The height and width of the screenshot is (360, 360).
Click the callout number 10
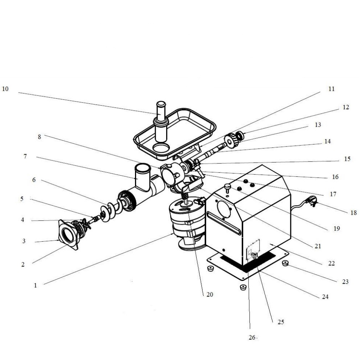pyautogui.click(x=5, y=89)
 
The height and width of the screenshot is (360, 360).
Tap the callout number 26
pyautogui.click(x=252, y=337)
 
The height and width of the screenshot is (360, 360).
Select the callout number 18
pyautogui.click(x=353, y=213)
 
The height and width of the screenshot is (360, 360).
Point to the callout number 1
pyautogui.click(x=35, y=285)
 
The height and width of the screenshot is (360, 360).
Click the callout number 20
pyautogui.click(x=210, y=295)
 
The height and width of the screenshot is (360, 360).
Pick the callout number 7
pyautogui.click(x=25, y=156)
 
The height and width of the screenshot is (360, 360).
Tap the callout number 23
pyautogui.click(x=345, y=282)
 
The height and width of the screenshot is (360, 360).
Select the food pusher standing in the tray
pyautogui.click(x=161, y=122)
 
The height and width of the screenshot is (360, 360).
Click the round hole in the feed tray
pyautogui.click(x=161, y=148)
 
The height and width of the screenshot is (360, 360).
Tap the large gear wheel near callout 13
pyautogui.click(x=232, y=140)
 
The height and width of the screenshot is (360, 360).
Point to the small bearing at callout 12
pyautogui.click(x=240, y=136)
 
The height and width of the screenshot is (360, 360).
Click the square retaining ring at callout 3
pyautogui.click(x=68, y=235)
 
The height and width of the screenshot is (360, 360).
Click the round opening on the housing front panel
pyautogui.click(x=224, y=210)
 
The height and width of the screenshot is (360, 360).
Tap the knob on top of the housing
pyautogui.click(x=227, y=188)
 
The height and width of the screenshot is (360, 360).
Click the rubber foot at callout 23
pyautogui.click(x=285, y=263)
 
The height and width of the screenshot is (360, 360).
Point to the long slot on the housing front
pyautogui.click(x=224, y=223)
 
